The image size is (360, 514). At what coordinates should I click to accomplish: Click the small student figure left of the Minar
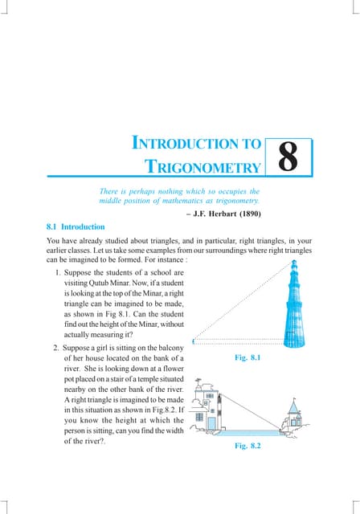195,341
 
